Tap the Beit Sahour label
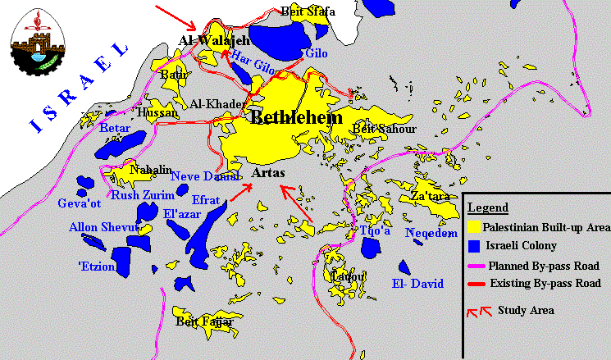[384, 129]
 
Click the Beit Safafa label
[308, 11]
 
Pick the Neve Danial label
[205, 175]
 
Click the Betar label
[115, 129]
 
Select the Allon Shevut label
[99, 227]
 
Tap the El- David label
[417, 285]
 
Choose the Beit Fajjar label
[204, 322]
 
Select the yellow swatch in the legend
[473, 226]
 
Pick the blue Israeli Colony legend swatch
[473, 245]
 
